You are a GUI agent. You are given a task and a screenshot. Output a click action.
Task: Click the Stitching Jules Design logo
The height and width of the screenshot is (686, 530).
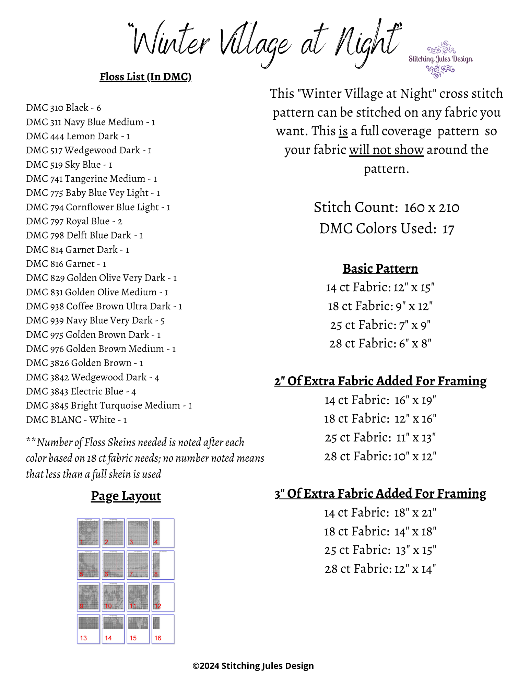pos(440,59)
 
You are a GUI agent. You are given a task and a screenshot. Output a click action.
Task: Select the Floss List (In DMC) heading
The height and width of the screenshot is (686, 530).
pos(145,76)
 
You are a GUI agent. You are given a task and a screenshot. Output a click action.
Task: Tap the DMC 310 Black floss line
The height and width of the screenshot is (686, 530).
pos(63,108)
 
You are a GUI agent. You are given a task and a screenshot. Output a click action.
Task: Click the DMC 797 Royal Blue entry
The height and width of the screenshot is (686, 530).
pos(74,221)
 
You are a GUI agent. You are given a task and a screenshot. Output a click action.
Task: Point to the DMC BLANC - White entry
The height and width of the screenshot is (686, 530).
pos(76,419)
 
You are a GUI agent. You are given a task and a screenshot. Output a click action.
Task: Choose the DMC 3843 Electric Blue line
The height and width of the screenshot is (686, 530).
pos(81,391)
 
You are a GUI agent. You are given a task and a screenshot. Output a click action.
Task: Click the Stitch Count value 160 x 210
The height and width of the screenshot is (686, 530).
pos(431,208)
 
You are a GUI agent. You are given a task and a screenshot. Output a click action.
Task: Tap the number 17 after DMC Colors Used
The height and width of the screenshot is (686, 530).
pos(448,229)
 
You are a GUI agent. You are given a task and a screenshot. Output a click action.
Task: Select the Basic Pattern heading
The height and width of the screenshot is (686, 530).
pos(380,269)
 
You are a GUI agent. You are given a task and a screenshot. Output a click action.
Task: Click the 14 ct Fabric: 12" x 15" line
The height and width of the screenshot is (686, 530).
pos(380,287)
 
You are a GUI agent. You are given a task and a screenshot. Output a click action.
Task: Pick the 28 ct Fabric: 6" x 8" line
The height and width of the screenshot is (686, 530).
pos(380,343)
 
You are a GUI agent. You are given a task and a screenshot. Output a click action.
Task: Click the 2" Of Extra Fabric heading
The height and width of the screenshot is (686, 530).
pos(380,381)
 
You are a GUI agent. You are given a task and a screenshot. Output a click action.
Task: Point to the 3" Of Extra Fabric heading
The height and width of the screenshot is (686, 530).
pos(380,494)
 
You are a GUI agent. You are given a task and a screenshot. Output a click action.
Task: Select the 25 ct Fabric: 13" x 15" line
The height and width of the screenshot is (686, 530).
pos(380,550)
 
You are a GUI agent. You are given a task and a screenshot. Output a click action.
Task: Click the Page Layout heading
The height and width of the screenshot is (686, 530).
pos(126,496)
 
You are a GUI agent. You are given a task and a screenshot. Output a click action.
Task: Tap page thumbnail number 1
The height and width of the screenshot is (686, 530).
pos(89,533)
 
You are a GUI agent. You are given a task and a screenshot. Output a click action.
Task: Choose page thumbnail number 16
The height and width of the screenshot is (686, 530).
pos(163,629)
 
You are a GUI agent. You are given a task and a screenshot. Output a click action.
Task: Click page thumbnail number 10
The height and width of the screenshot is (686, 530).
pos(113,597)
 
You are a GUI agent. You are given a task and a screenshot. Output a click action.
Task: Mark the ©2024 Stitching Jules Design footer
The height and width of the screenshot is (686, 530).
pos(253,666)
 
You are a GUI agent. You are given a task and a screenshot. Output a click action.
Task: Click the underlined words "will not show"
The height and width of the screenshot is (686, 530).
pos(386,150)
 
